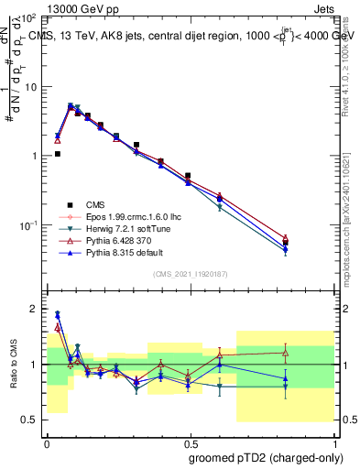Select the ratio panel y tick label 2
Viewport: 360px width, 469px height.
tap(33, 309)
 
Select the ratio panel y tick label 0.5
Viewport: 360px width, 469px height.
tap(29, 420)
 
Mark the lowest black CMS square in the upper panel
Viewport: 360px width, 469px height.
tap(286, 243)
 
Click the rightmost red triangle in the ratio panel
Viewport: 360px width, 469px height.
tap(286, 352)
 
